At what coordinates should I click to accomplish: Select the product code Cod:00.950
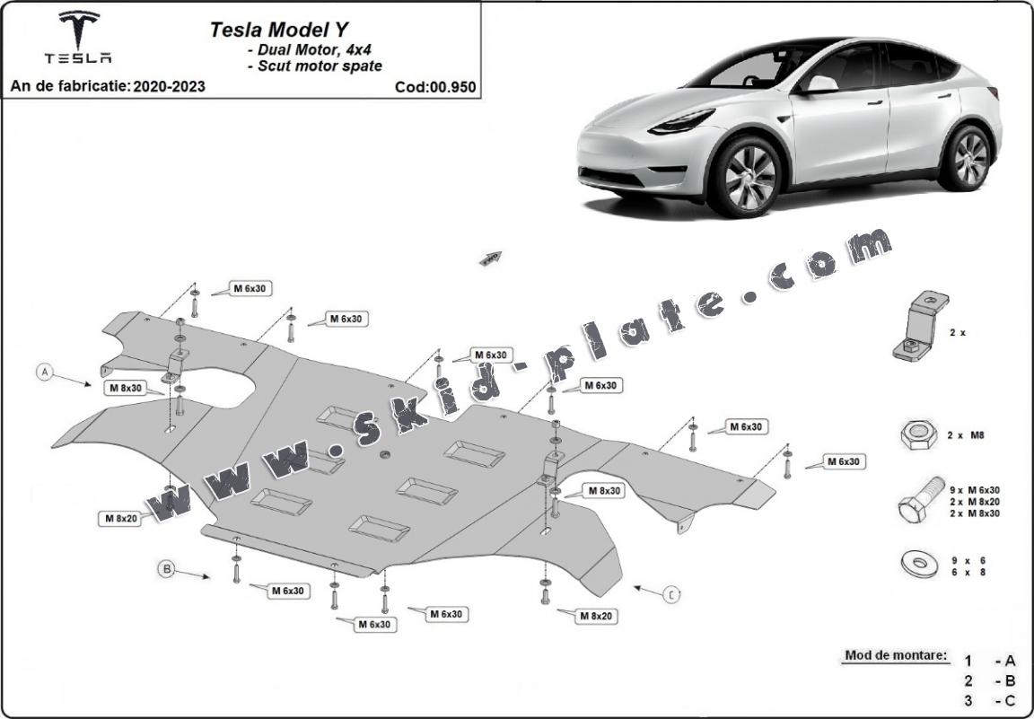tap(434, 87)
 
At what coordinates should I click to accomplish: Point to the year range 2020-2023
tap(168, 87)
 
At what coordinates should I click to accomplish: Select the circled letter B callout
tap(167, 567)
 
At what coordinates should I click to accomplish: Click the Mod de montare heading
tap(895, 655)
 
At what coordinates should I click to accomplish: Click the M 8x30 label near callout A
tap(125, 388)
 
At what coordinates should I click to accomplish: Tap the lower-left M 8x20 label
tap(119, 518)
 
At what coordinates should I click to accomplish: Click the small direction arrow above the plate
tap(490, 259)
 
